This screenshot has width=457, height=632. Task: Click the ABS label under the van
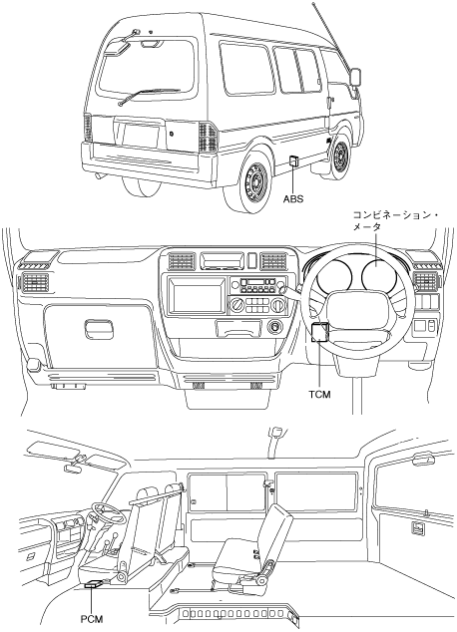pyautogui.click(x=293, y=198)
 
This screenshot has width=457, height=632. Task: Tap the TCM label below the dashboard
pyautogui.click(x=320, y=395)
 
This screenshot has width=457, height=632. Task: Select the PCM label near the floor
pyautogui.click(x=92, y=619)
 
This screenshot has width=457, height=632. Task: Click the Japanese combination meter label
pyautogui.click(x=395, y=220)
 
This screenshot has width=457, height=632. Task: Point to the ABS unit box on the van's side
pyautogui.click(x=293, y=160)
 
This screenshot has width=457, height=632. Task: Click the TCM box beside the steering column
pyautogui.click(x=320, y=332)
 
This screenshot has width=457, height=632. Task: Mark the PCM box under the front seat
pyautogui.click(x=94, y=584)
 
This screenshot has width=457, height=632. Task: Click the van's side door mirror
pyautogui.click(x=355, y=78)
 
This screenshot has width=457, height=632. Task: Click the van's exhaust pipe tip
pyautogui.click(x=99, y=175)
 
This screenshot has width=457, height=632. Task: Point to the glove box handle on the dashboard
pyautogui.click(x=99, y=327)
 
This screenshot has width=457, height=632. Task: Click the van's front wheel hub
pyautogui.click(x=342, y=156)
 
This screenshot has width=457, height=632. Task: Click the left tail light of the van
pyautogui.click(x=88, y=129)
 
